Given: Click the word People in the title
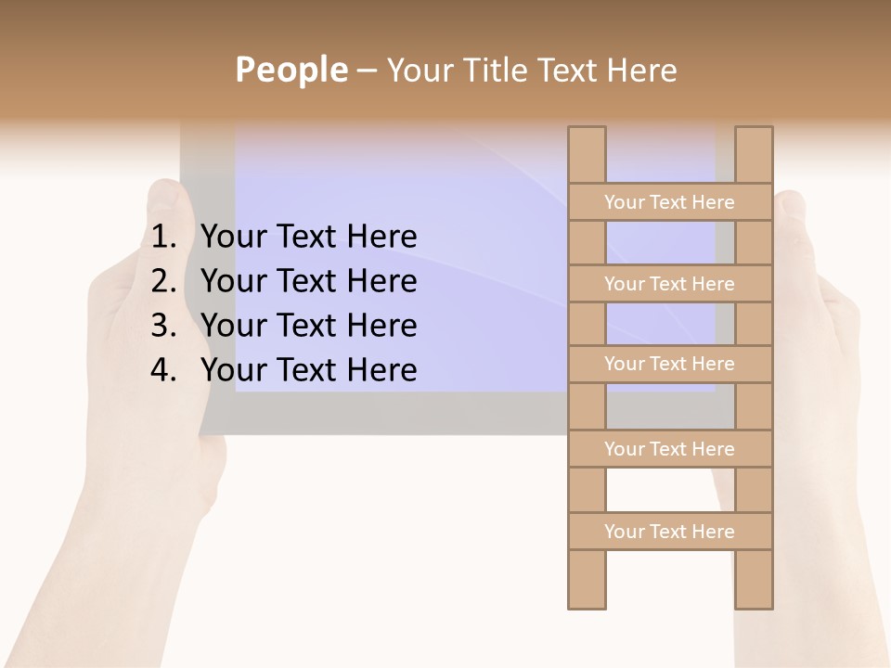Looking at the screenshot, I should (x=291, y=70).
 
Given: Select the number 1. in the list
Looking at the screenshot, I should (x=163, y=238).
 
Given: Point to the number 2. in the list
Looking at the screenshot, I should (x=163, y=281).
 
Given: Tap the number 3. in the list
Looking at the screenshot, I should (x=163, y=326).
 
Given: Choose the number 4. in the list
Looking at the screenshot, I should (x=163, y=370).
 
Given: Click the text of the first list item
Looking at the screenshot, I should (x=308, y=238).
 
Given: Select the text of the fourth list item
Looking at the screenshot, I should (x=308, y=370).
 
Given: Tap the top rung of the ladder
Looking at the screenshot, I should (x=669, y=202).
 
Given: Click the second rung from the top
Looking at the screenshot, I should (x=669, y=284).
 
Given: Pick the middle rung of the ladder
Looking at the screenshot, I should (x=669, y=364).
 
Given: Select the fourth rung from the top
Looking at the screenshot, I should (x=669, y=449).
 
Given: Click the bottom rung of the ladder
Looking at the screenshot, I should (x=669, y=532).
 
